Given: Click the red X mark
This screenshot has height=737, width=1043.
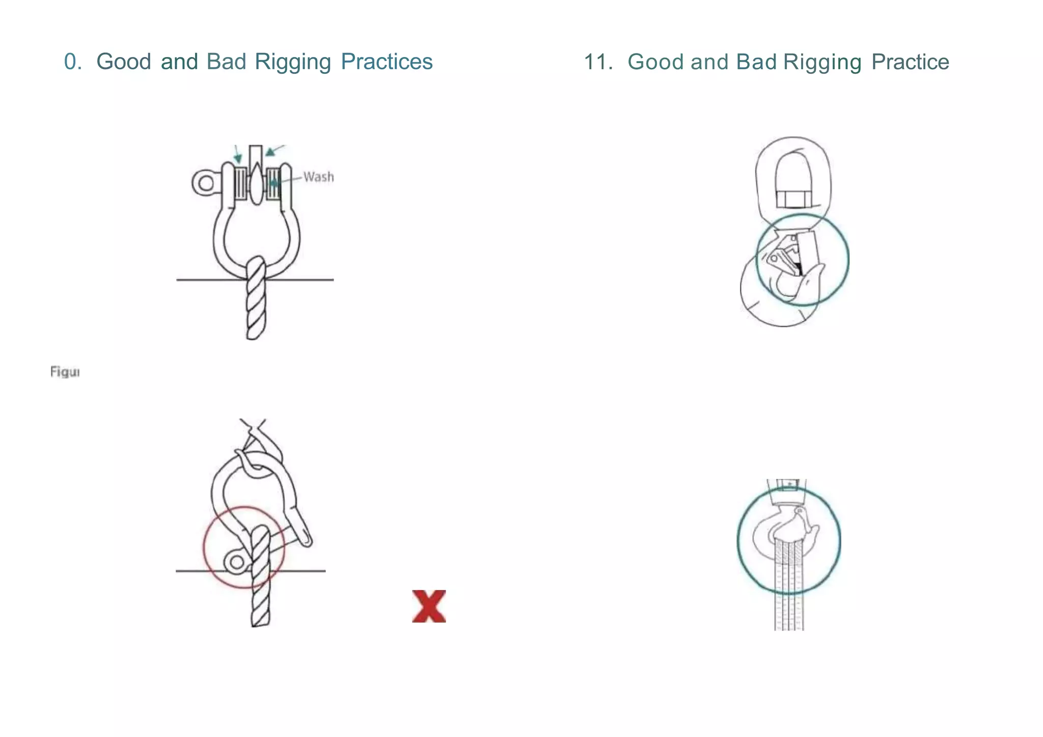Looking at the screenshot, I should point(429,606).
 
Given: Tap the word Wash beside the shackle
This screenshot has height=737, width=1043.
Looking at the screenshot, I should point(319,177).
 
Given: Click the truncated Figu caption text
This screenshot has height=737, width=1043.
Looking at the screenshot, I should point(65,372).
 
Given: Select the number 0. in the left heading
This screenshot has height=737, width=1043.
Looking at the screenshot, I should point(73,62).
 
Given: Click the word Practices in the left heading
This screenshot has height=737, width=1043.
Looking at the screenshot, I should point(387,62).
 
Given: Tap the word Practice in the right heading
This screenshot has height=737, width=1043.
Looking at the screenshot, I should point(910,62).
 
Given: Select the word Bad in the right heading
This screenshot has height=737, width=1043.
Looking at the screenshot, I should point(756,62).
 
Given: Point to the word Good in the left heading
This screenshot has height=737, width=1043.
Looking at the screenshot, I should point(124,62).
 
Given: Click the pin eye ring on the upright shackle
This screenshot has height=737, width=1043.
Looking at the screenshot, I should point(205,182).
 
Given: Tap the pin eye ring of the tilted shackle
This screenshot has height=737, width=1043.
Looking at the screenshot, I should point(237,562).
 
